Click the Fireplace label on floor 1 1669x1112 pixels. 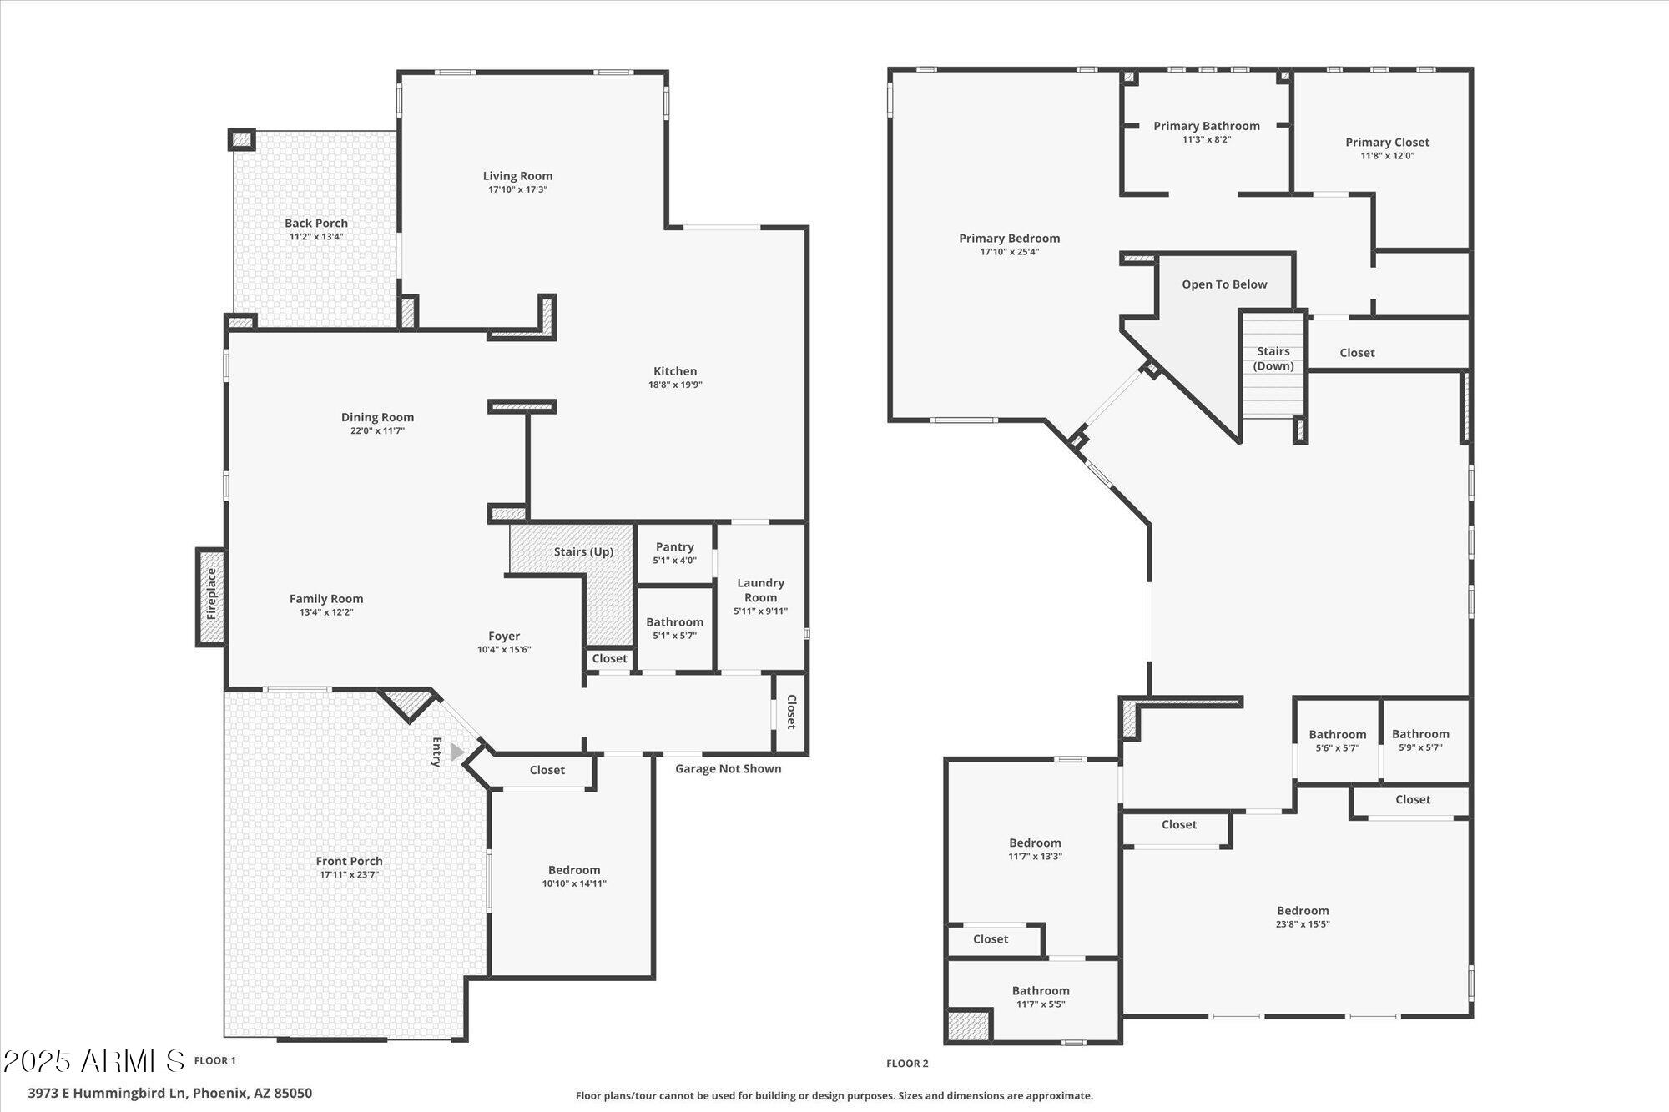coord(211,594)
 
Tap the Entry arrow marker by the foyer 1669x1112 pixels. coord(456,752)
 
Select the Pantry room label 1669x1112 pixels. coord(674,547)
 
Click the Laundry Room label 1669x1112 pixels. coord(760,590)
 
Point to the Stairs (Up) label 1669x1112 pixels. coord(583,552)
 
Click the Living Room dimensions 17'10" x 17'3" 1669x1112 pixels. coord(517,189)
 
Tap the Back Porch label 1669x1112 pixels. coord(316,223)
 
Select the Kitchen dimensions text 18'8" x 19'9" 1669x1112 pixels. coord(675,385)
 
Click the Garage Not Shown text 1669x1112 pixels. coord(728,769)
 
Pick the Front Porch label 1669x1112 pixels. coord(349,861)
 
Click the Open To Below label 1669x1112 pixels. coord(1224,284)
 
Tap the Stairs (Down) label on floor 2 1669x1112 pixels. coord(1273,359)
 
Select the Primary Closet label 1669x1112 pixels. coord(1387,143)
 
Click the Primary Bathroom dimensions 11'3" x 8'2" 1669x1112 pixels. coord(1207,139)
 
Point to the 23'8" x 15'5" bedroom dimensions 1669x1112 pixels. coord(1303,924)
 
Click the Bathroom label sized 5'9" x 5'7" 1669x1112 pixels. coord(1420,734)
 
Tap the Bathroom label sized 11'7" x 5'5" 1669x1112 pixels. coord(1041,991)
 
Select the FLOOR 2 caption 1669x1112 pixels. coord(907,1064)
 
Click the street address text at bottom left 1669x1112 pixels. coord(169,1093)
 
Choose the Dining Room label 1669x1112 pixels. coord(377,417)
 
